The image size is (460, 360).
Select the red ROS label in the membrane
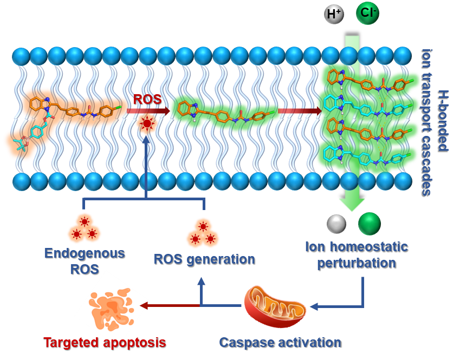pos(147,100)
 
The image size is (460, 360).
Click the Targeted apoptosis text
pos(105,343)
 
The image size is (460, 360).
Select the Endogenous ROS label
pos(85,260)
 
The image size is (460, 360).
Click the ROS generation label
pos(204,259)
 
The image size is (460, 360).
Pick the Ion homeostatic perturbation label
pos(356,255)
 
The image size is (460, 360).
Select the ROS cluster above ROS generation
pos(203,232)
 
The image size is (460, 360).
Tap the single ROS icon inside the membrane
pos(147,123)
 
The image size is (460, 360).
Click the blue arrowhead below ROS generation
pos(201,281)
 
